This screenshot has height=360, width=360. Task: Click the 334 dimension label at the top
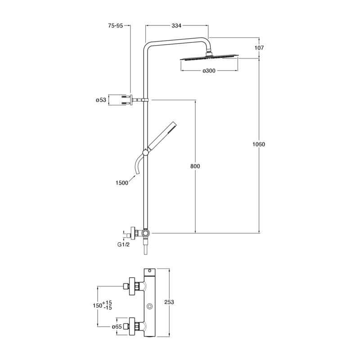pos(176,26)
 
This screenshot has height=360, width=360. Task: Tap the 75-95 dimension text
pos(116,26)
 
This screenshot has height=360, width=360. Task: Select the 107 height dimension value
pos(259,48)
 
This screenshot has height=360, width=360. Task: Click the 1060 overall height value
pos(259,144)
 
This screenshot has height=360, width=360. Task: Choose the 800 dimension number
pos(195,166)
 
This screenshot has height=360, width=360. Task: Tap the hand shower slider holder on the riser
pos(145,152)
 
